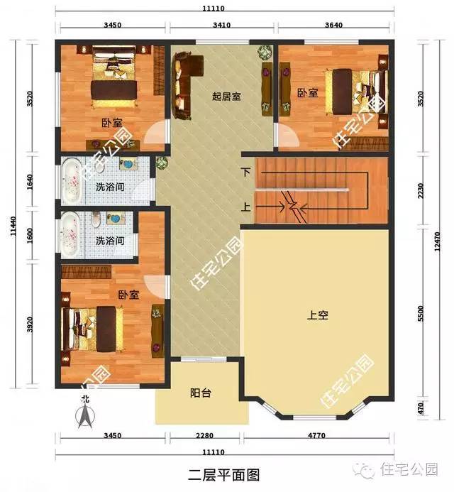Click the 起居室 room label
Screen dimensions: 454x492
pyautogui.click(x=226, y=96)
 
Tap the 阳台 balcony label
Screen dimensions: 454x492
pyautogui.click(x=201, y=393)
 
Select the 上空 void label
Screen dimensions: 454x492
pyautogui.click(x=318, y=315)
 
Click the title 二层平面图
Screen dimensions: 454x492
pyautogui.click(x=224, y=475)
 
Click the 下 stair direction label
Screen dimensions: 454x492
pyautogui.click(x=246, y=172)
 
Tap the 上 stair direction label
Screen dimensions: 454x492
pyautogui.click(x=246, y=207)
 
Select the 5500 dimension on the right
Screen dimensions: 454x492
pyautogui.click(x=421, y=314)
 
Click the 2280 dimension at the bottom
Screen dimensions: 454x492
pyautogui.click(x=204, y=435)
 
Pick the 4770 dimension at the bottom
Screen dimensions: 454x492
pyautogui.click(x=316, y=435)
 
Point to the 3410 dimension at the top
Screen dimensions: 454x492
pyautogui.click(x=221, y=25)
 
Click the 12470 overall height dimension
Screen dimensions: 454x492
pyautogui.click(x=437, y=241)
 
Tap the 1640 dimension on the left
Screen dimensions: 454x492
pyautogui.click(x=30, y=182)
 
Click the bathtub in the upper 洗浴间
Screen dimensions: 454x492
pyautogui.click(x=71, y=181)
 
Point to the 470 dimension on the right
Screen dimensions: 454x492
pyautogui.click(x=421, y=408)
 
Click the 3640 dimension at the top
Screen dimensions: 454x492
pyautogui.click(x=333, y=25)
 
